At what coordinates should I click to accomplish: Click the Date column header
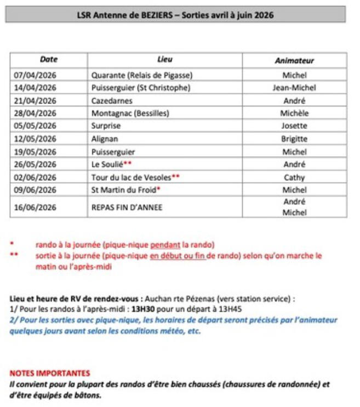click(48, 60)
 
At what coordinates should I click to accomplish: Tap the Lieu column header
click(164, 60)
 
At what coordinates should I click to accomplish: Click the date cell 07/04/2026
click(35, 75)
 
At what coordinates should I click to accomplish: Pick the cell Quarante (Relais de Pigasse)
click(142, 75)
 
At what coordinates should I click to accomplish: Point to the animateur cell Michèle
click(294, 113)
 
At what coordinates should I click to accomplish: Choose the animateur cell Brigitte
click(294, 139)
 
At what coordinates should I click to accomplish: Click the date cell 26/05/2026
click(35, 164)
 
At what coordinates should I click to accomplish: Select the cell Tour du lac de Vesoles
click(132, 177)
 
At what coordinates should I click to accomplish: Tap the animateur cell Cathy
click(294, 177)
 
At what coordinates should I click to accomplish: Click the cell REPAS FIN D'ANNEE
click(127, 208)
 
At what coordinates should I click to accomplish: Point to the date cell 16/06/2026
click(35, 208)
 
